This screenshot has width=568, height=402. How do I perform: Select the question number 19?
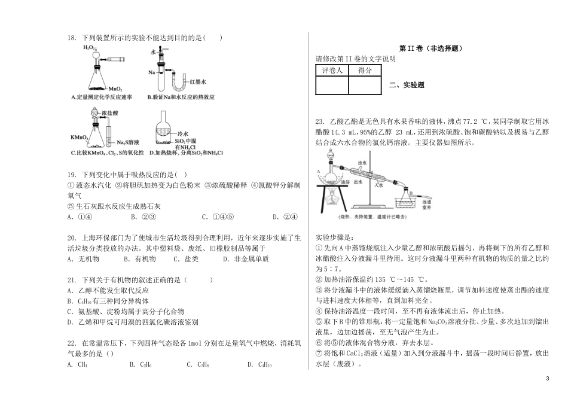coord(71,175)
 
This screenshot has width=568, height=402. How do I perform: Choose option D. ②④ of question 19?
coord(282,217)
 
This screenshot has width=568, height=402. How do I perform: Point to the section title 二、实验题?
coord(407,85)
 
